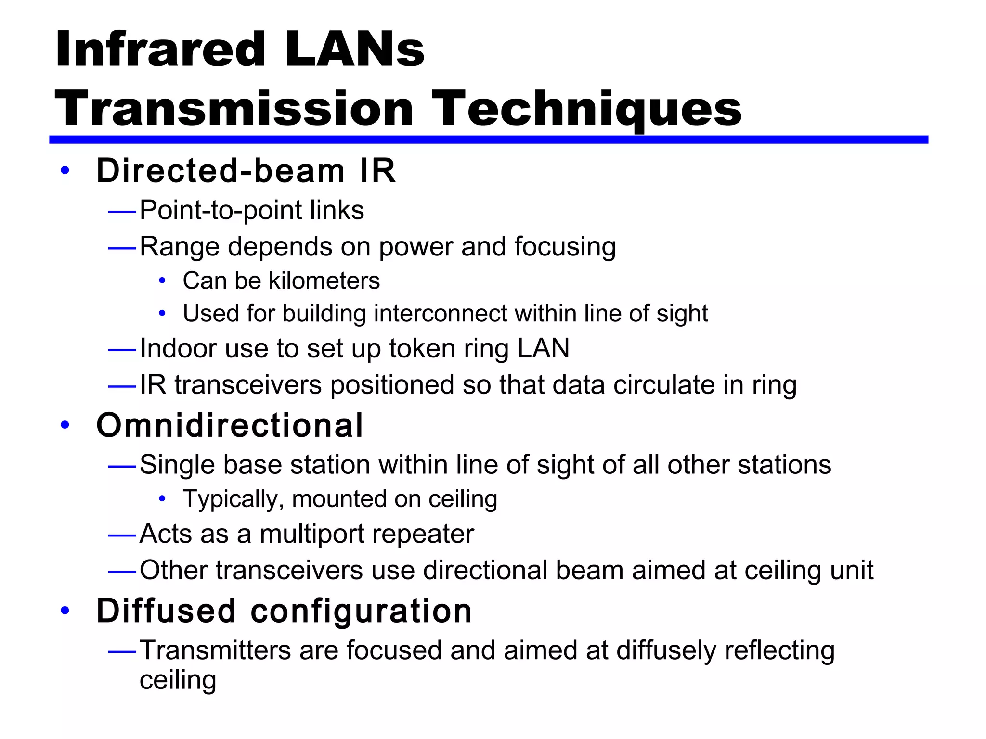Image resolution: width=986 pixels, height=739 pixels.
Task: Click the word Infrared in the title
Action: point(160,50)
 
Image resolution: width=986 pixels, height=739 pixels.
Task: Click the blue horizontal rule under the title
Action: point(488,140)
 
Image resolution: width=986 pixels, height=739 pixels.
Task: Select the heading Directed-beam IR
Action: point(246,171)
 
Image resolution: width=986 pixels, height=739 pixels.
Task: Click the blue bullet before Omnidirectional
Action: point(65,425)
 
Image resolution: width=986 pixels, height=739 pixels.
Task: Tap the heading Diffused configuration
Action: point(284,611)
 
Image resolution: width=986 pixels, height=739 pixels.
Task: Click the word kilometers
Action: point(324,281)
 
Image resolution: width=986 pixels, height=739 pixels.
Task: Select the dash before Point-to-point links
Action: point(122,211)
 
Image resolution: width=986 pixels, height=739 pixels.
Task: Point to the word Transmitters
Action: point(215,650)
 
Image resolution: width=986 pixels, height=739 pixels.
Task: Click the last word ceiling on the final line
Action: point(178,680)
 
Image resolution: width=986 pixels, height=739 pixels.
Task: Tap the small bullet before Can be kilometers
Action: point(162,280)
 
